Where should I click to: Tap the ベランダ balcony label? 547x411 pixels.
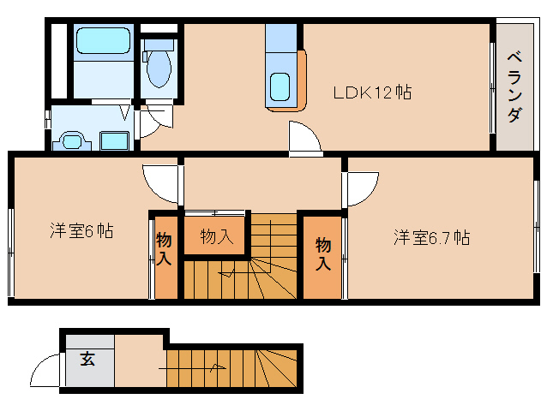coord(514,86)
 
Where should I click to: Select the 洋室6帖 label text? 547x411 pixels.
coord(81,231)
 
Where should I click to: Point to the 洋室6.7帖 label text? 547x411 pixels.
coord(431,237)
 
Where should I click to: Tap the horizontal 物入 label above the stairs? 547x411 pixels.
coord(216,236)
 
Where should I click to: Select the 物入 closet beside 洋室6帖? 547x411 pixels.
coord(165,255)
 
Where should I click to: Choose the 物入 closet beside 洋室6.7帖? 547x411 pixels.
coord(322,254)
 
